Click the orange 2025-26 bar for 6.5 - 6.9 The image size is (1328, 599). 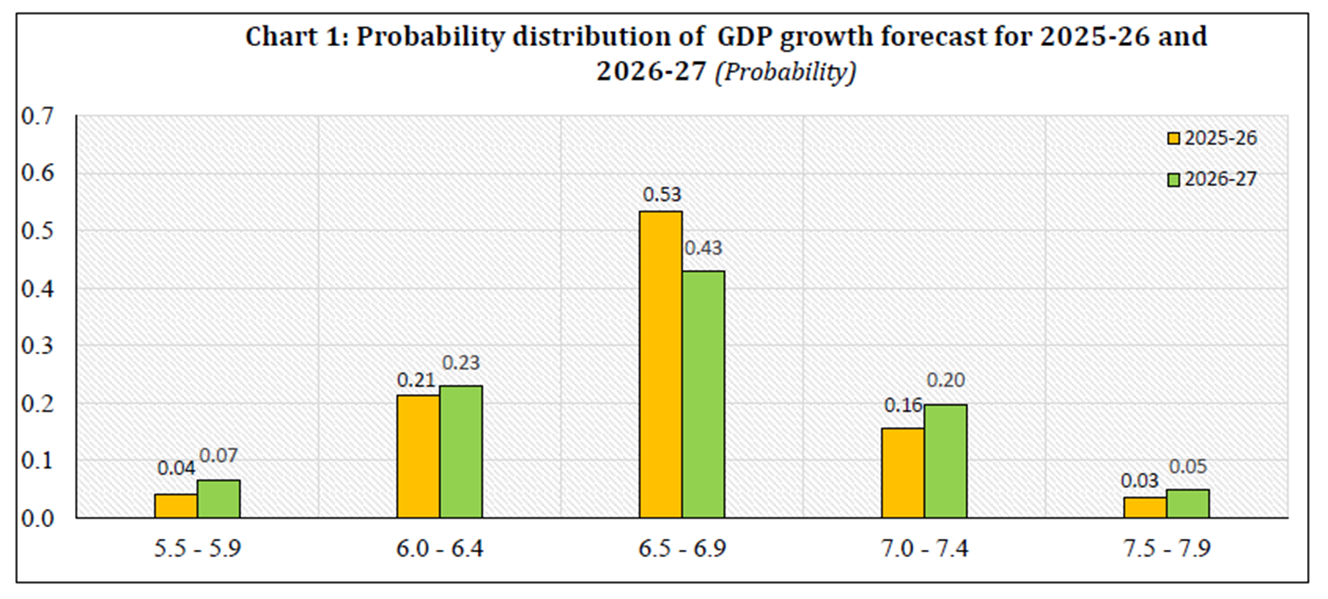(x=660, y=365)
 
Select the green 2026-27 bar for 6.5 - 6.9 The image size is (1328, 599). (x=703, y=395)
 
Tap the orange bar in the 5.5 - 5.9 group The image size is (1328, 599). (x=176, y=505)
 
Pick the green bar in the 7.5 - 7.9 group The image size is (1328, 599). (x=1188, y=504)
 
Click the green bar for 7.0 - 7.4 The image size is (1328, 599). (x=945, y=461)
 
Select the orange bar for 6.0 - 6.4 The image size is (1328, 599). (x=418, y=456)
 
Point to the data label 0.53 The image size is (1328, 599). (x=662, y=195)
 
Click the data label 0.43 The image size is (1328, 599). (x=703, y=248)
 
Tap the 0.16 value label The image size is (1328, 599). (x=903, y=406)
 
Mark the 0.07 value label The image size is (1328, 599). (x=219, y=455)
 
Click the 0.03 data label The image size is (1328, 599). (x=1139, y=480)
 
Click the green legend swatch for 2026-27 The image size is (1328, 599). (x=1173, y=179)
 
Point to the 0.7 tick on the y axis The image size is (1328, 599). (x=38, y=117)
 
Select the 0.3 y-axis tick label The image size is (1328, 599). (x=38, y=346)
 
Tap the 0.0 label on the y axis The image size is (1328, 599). (x=38, y=518)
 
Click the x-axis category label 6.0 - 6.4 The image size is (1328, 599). (x=440, y=549)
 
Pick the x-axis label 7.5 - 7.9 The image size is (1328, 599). (x=1166, y=549)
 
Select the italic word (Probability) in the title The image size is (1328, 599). (x=786, y=72)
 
